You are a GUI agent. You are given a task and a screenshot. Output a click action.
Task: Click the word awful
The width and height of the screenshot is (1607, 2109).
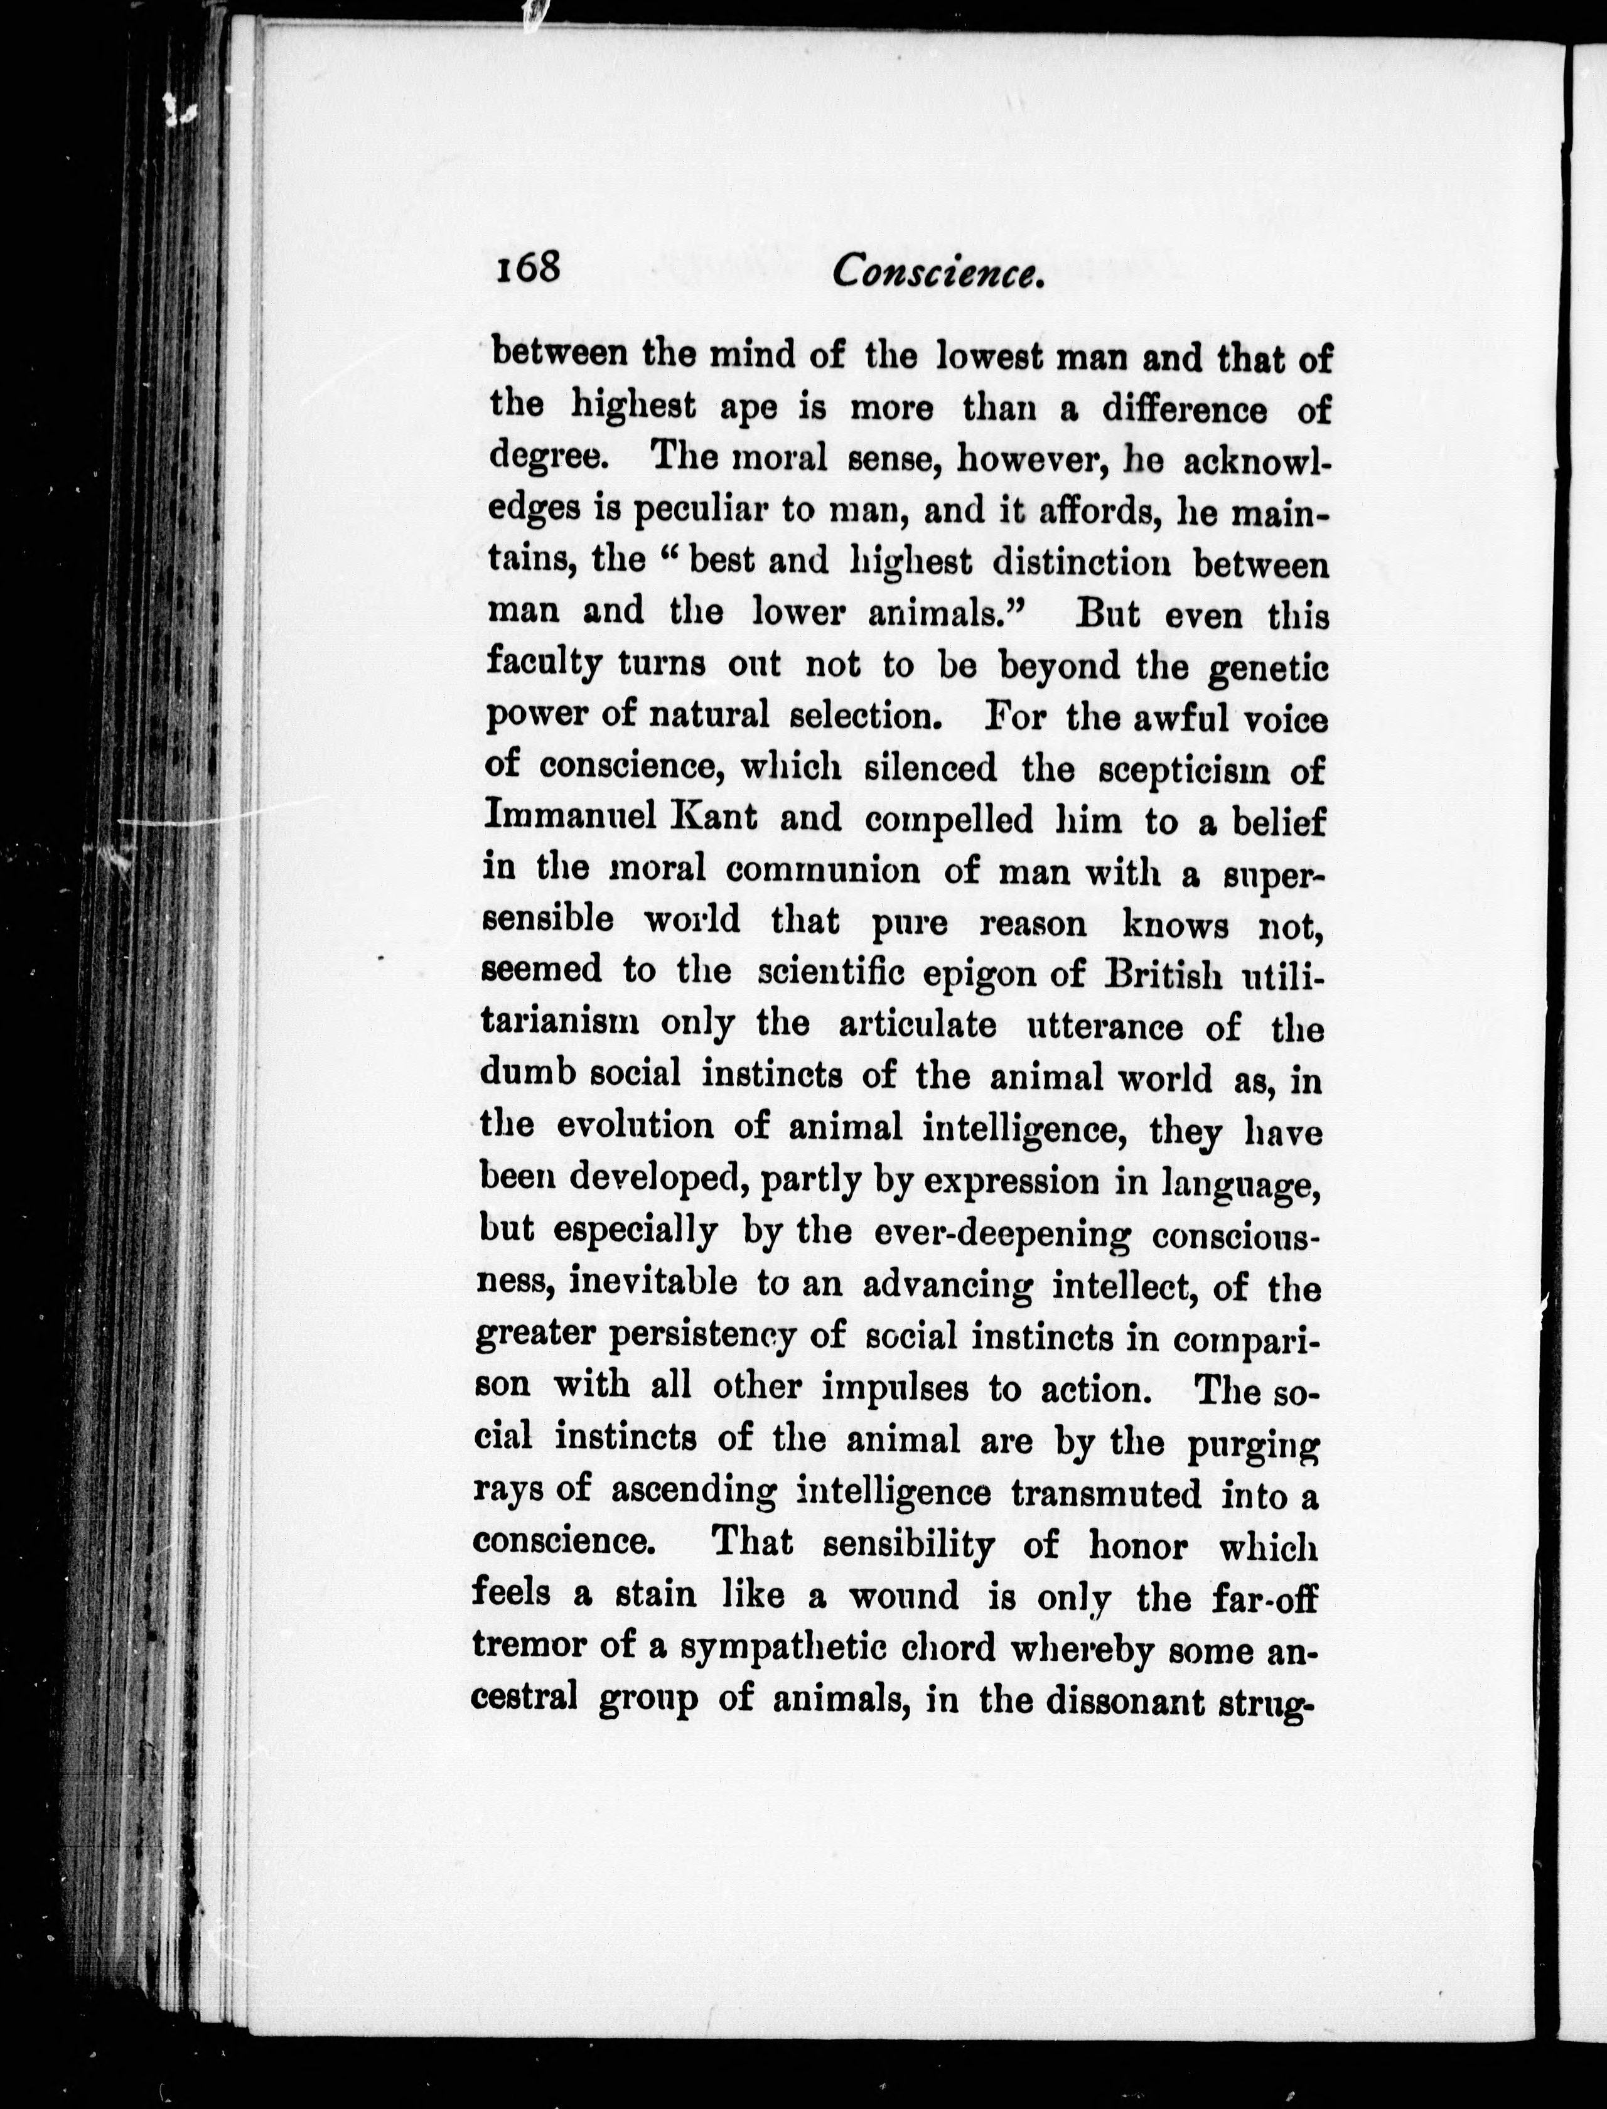pyautogui.click(x=1186, y=716)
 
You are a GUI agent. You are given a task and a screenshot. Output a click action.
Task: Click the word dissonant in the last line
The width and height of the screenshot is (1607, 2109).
pyautogui.click(x=1124, y=1700)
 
